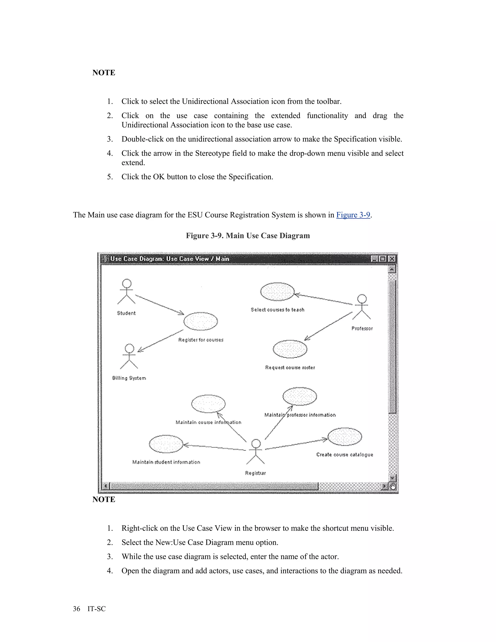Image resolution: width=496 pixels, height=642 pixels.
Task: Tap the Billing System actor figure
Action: (x=129, y=357)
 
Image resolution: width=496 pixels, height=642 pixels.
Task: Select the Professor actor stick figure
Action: (x=362, y=307)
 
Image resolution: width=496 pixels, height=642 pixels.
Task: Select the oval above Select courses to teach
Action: (x=277, y=292)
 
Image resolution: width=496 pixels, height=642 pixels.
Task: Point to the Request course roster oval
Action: (x=290, y=349)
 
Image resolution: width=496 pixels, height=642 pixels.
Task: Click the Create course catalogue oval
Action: (x=345, y=437)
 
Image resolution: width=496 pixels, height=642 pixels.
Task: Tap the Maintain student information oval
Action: (x=166, y=444)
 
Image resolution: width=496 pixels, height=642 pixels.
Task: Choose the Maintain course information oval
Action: (x=208, y=404)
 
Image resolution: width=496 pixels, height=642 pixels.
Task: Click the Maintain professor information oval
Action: (x=300, y=396)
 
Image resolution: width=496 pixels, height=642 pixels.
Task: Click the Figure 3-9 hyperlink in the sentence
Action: (x=353, y=215)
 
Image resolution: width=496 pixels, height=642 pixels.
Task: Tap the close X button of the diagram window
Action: (x=392, y=259)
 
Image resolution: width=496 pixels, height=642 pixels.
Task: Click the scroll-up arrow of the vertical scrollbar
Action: (x=392, y=269)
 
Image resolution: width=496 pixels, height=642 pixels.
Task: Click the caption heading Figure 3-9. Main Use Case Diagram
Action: (x=248, y=236)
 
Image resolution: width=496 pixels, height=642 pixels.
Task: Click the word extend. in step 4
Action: (x=133, y=163)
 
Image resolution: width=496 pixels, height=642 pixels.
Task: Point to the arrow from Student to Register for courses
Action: (x=160, y=305)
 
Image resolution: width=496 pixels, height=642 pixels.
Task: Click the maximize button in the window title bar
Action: (x=383, y=259)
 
